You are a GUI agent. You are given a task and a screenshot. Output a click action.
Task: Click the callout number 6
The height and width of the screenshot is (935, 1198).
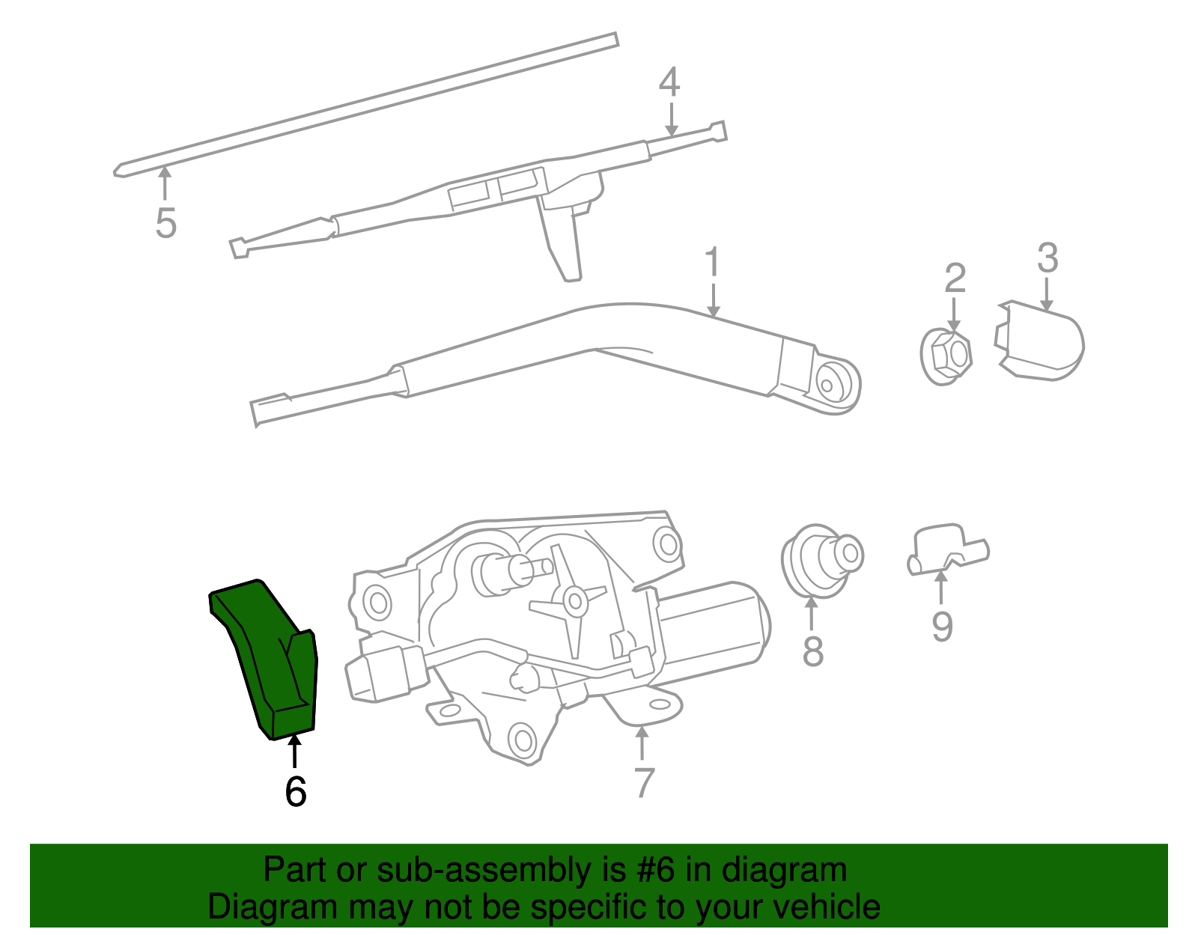(296, 792)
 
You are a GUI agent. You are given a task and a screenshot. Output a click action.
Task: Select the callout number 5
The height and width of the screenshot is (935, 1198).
(165, 223)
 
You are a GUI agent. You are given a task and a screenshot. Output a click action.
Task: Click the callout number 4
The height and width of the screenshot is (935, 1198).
(669, 82)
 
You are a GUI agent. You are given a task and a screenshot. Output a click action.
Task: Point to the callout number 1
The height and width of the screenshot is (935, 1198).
(712, 263)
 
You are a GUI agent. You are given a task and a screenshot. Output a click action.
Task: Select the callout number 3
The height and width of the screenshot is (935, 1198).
(1048, 258)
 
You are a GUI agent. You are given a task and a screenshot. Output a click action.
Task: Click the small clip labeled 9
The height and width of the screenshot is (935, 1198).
(946, 549)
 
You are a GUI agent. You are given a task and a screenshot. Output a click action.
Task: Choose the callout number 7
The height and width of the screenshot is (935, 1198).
(644, 783)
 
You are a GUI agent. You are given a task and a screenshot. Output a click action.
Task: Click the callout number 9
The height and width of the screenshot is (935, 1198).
(942, 626)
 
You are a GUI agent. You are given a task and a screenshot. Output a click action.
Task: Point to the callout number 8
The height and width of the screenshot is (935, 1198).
(812, 651)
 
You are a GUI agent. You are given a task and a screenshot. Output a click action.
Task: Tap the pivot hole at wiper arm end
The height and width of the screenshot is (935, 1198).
(827, 386)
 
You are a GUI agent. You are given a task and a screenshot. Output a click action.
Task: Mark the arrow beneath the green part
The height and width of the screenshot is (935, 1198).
(295, 751)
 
